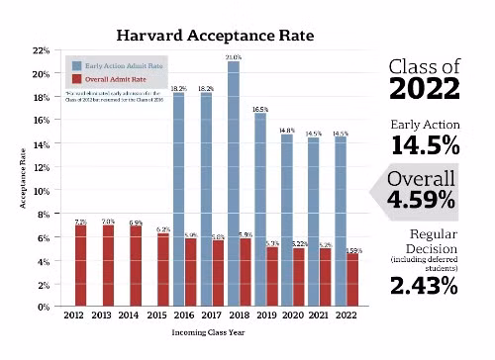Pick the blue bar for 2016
(x=179, y=198)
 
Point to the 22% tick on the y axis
(x=42, y=50)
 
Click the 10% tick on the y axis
(x=42, y=190)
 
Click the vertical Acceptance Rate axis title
(x=20, y=179)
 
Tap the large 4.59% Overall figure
(x=422, y=201)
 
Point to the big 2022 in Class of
(x=425, y=90)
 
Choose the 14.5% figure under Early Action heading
(x=425, y=145)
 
